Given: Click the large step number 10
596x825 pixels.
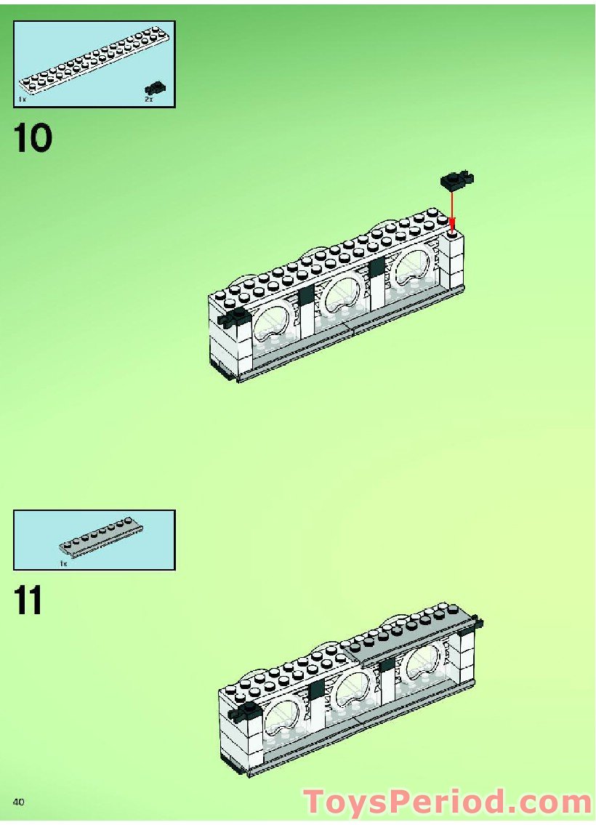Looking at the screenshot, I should tap(33, 138).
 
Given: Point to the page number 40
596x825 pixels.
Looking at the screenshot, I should tap(19, 801).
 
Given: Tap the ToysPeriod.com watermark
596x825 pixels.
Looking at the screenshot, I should tap(448, 802).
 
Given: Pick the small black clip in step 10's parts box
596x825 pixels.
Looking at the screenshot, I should tap(156, 87).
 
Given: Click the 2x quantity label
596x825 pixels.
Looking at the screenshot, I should tap(148, 99).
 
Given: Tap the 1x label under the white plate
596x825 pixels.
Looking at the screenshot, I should tap(22, 97).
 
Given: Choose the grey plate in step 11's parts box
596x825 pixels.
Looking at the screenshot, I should tap(100, 536).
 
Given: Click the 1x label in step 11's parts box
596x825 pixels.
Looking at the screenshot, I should tap(63, 563).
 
